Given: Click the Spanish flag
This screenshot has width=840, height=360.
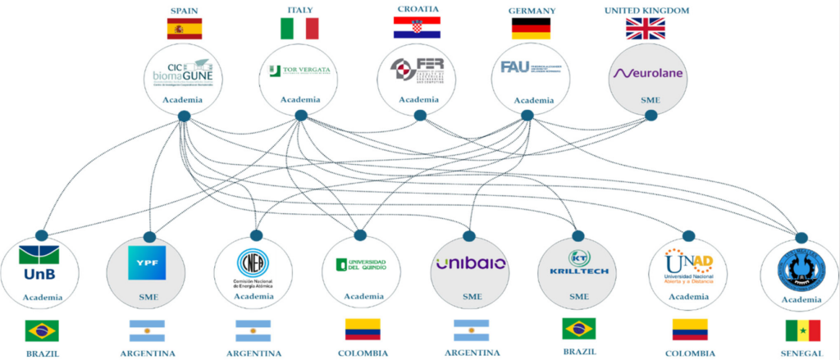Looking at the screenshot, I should [184, 30].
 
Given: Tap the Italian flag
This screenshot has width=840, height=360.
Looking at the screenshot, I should [299, 30].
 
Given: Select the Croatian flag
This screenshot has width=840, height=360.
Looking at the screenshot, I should [416, 27].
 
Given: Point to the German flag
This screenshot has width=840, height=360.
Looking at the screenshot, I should [532, 30].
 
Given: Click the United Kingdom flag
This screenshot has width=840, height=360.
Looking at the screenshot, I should [646, 29].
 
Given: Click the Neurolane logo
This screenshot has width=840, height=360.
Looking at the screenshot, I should [648, 73].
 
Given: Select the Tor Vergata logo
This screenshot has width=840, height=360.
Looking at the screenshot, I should [299, 71].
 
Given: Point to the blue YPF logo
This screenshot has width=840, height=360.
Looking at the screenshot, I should [147, 263].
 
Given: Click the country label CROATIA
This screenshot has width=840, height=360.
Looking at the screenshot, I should [416, 9].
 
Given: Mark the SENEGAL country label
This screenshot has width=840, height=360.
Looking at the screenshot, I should [802, 353].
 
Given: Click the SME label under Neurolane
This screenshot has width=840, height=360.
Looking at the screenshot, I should [648, 99].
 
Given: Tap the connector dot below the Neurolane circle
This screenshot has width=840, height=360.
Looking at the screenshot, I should [651, 116].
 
